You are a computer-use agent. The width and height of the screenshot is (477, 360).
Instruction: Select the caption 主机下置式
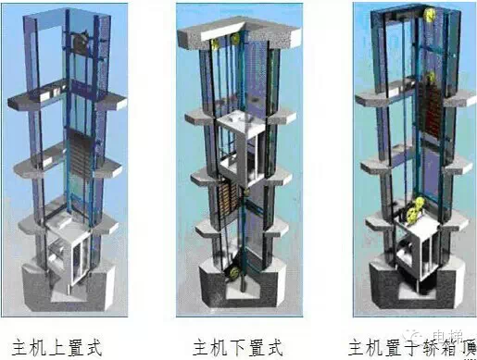(237, 347)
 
